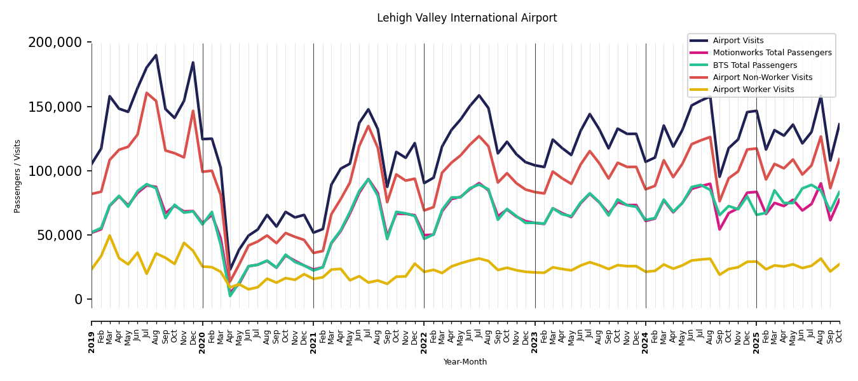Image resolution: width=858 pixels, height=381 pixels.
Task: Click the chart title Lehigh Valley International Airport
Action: tap(466, 18)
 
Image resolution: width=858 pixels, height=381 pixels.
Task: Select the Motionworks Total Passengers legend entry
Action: tap(772, 53)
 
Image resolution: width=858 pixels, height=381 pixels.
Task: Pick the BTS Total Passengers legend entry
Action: tap(754, 65)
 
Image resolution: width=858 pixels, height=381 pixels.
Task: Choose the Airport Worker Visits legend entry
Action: tap(753, 90)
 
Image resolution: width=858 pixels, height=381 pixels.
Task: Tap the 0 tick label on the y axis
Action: tap(79, 299)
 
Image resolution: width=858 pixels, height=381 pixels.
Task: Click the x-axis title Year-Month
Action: tap(465, 362)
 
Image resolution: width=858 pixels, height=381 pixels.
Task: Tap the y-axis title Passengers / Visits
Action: tap(18, 176)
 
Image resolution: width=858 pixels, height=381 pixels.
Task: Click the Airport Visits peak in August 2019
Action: tap(156, 55)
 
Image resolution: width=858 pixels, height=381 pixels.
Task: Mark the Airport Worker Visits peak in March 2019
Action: tap(109, 236)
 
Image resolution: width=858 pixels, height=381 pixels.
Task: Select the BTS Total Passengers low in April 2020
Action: tap(230, 296)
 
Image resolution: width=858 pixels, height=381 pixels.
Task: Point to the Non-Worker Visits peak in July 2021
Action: tap(368, 126)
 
